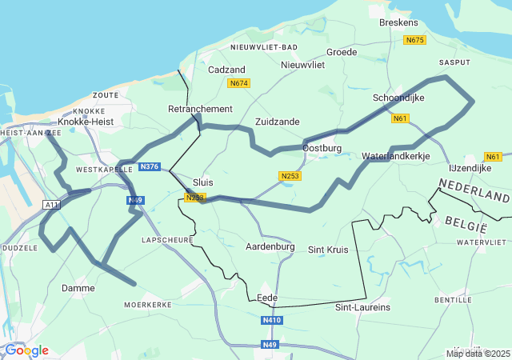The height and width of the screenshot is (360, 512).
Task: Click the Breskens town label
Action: [398, 23]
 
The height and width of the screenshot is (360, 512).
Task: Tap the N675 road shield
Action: [414, 40]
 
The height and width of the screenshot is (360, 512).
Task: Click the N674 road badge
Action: [238, 83]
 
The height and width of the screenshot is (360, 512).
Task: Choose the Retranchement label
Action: [200, 109]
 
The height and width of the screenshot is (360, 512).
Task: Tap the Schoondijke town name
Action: [398, 98]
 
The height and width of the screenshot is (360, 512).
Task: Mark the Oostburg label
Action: [322, 148]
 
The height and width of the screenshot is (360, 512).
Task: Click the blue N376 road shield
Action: [150, 166]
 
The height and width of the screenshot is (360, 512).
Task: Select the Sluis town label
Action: [203, 182]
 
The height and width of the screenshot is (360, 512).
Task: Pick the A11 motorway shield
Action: [52, 206]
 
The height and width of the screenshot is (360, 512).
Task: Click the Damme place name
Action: [78, 288]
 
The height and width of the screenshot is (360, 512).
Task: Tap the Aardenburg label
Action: [270, 246]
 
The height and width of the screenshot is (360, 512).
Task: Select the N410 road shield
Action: [272, 320]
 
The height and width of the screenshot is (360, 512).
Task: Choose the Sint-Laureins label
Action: [362, 306]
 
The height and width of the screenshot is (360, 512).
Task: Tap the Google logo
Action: [26, 350]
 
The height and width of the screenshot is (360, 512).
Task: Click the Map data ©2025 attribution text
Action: [478, 354]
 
